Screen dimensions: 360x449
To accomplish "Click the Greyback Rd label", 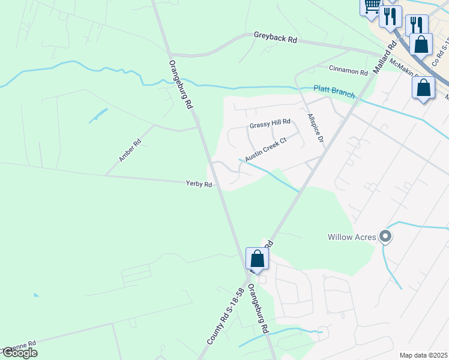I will pos(276,38).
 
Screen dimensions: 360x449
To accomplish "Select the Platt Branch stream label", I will pos(334,92).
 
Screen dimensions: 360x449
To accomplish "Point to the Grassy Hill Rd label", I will pos(270,125).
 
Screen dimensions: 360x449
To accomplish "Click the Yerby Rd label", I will pos(199,184).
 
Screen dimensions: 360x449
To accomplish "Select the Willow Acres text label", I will pos(352,237).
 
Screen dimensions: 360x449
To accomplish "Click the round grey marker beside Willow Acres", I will pos(386,237).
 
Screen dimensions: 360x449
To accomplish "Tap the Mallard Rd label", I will pos(385,57).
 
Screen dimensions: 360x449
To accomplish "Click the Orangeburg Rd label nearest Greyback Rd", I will pos(180,84).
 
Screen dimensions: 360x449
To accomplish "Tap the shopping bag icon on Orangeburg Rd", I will pos(257,259).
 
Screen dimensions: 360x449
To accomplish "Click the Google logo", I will pos(19,353).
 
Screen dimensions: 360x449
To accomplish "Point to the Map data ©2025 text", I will pos(423,355).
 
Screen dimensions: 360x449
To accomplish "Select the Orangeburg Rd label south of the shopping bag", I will pos(257,309).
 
